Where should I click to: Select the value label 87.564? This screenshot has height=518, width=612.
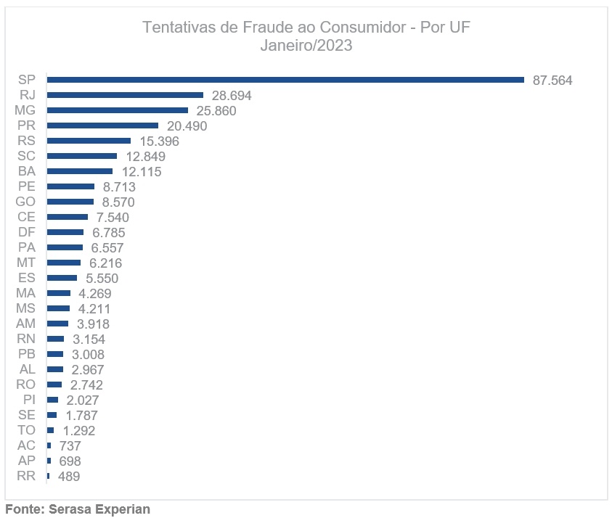552,81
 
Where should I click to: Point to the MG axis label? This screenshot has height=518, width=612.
25,110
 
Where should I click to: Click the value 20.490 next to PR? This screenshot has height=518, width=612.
187,126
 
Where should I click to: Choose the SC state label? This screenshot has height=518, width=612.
26,156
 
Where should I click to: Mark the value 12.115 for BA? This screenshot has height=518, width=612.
141,172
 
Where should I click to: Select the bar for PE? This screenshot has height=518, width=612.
70,186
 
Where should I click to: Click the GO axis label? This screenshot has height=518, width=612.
25,202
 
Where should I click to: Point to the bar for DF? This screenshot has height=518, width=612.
65,232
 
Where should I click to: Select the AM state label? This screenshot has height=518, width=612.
26,324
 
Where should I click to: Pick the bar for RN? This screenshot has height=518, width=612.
55,339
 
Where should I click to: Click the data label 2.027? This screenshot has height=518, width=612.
82,400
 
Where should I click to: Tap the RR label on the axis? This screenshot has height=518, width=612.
26,476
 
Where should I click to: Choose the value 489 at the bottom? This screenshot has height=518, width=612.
69,477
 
